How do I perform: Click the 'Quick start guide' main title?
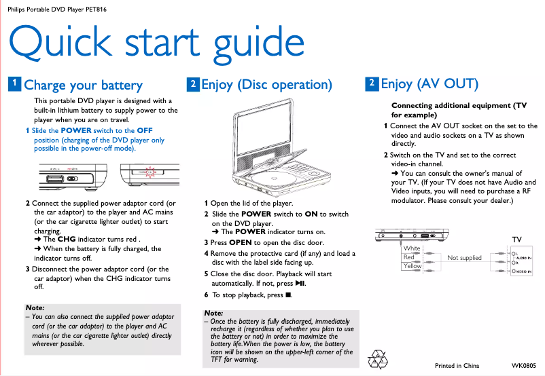coord(156,43)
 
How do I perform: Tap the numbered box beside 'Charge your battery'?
coord(14,83)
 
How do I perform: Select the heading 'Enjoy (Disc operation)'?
coord(266,85)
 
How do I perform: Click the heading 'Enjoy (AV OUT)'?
coord(429,84)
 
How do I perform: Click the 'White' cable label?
coord(412,248)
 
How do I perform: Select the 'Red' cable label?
coord(408,257)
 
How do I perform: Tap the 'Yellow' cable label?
coord(412,266)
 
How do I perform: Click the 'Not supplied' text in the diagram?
coord(464,258)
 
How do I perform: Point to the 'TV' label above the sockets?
coord(516,240)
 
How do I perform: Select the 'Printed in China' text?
coord(457,366)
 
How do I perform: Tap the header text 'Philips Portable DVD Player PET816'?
coord(56,9)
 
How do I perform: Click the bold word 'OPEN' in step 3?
coord(240,242)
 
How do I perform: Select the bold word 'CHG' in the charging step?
coord(67,240)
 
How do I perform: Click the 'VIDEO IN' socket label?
coord(524,271)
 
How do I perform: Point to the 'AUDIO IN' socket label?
coord(524,258)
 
